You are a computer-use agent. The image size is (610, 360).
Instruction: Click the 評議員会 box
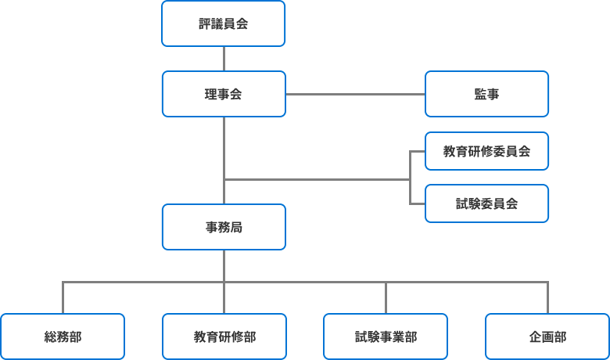[224, 23]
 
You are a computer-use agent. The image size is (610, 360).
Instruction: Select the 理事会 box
[224, 94]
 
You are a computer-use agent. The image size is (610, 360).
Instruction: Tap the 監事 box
[486, 94]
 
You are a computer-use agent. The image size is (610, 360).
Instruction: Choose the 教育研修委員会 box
[486, 151]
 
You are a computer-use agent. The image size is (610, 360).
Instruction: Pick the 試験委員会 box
[486, 203]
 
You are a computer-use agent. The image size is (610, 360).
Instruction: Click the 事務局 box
[224, 228]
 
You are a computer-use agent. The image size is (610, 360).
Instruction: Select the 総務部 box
[63, 337]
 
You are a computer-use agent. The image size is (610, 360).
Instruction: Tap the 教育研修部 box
[224, 337]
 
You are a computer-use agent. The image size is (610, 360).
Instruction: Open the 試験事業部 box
[386, 337]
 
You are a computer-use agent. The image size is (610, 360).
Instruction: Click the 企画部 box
[547, 337]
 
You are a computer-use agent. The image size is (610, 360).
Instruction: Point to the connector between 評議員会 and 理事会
[224, 59]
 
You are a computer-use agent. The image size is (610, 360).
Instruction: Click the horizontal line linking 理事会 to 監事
[355, 94]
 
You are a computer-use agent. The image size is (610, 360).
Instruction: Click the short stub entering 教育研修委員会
[417, 151]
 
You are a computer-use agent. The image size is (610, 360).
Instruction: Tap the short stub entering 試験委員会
[417, 203]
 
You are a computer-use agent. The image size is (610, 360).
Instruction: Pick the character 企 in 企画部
[535, 337]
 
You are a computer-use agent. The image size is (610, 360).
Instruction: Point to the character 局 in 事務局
[236, 228]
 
